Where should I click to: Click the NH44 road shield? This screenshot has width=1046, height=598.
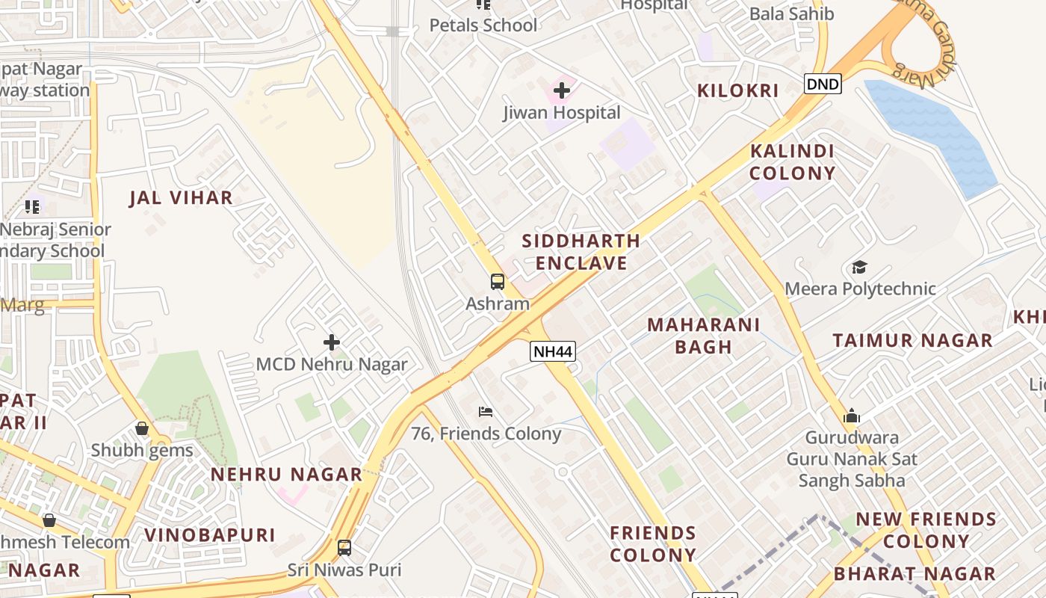tap(553, 351)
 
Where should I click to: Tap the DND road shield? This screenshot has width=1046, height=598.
tap(823, 83)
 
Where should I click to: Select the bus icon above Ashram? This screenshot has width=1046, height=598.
tap(498, 282)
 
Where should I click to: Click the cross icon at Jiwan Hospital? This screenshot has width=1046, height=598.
tap(562, 91)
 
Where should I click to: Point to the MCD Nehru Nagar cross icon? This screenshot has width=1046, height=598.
tap(332, 342)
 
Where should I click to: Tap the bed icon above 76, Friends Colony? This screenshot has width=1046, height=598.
tap(486, 412)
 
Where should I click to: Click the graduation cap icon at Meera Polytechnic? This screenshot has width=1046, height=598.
tap(859, 268)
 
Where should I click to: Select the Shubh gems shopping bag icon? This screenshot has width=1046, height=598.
tap(142, 428)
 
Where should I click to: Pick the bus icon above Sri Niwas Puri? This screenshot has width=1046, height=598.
tap(344, 548)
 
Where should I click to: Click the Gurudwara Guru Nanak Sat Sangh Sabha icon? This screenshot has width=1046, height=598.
tap(852, 416)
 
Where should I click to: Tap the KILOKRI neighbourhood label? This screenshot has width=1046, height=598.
tap(737, 91)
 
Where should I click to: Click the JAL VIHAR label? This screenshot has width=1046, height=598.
tap(181, 198)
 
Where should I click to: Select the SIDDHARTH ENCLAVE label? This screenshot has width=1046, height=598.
tap(581, 252)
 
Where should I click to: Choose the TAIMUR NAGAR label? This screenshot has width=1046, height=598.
tap(912, 341)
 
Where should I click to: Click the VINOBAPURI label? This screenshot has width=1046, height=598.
tap(210, 535)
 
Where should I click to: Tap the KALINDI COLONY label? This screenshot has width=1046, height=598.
tap(792, 162)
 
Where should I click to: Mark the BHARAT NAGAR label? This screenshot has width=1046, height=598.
tap(915, 574)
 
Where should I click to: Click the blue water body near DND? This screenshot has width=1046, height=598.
tap(934, 135)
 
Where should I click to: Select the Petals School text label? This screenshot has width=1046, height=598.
tap(483, 25)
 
